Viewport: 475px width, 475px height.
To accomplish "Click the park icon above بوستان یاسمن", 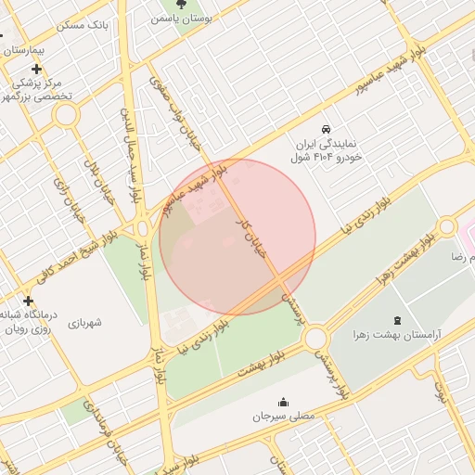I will [x=193, y=4].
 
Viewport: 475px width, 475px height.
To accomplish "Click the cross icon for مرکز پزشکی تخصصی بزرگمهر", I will [x=36, y=70].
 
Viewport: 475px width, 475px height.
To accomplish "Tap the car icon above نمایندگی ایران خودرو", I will [x=326, y=128].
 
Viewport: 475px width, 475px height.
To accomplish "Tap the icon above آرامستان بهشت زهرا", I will [x=397, y=318].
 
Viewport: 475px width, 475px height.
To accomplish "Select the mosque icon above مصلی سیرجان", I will [x=283, y=403].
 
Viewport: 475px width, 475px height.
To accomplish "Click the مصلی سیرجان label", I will [x=284, y=417].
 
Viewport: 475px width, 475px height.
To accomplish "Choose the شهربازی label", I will [x=84, y=323].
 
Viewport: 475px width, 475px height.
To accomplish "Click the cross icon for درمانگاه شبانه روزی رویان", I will [x=28, y=301].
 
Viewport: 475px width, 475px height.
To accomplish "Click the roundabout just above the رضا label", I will [x=448, y=226].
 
